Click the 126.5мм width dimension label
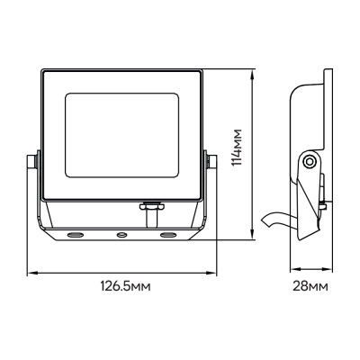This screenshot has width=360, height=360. pos(124,285)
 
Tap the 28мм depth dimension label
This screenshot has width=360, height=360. pos(310,285)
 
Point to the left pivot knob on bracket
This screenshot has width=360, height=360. pos(33,161)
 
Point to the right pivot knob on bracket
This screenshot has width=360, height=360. pos(212,161)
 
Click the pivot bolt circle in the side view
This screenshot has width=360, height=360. pos(310,163)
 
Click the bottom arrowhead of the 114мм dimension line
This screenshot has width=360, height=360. pos(250,240)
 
